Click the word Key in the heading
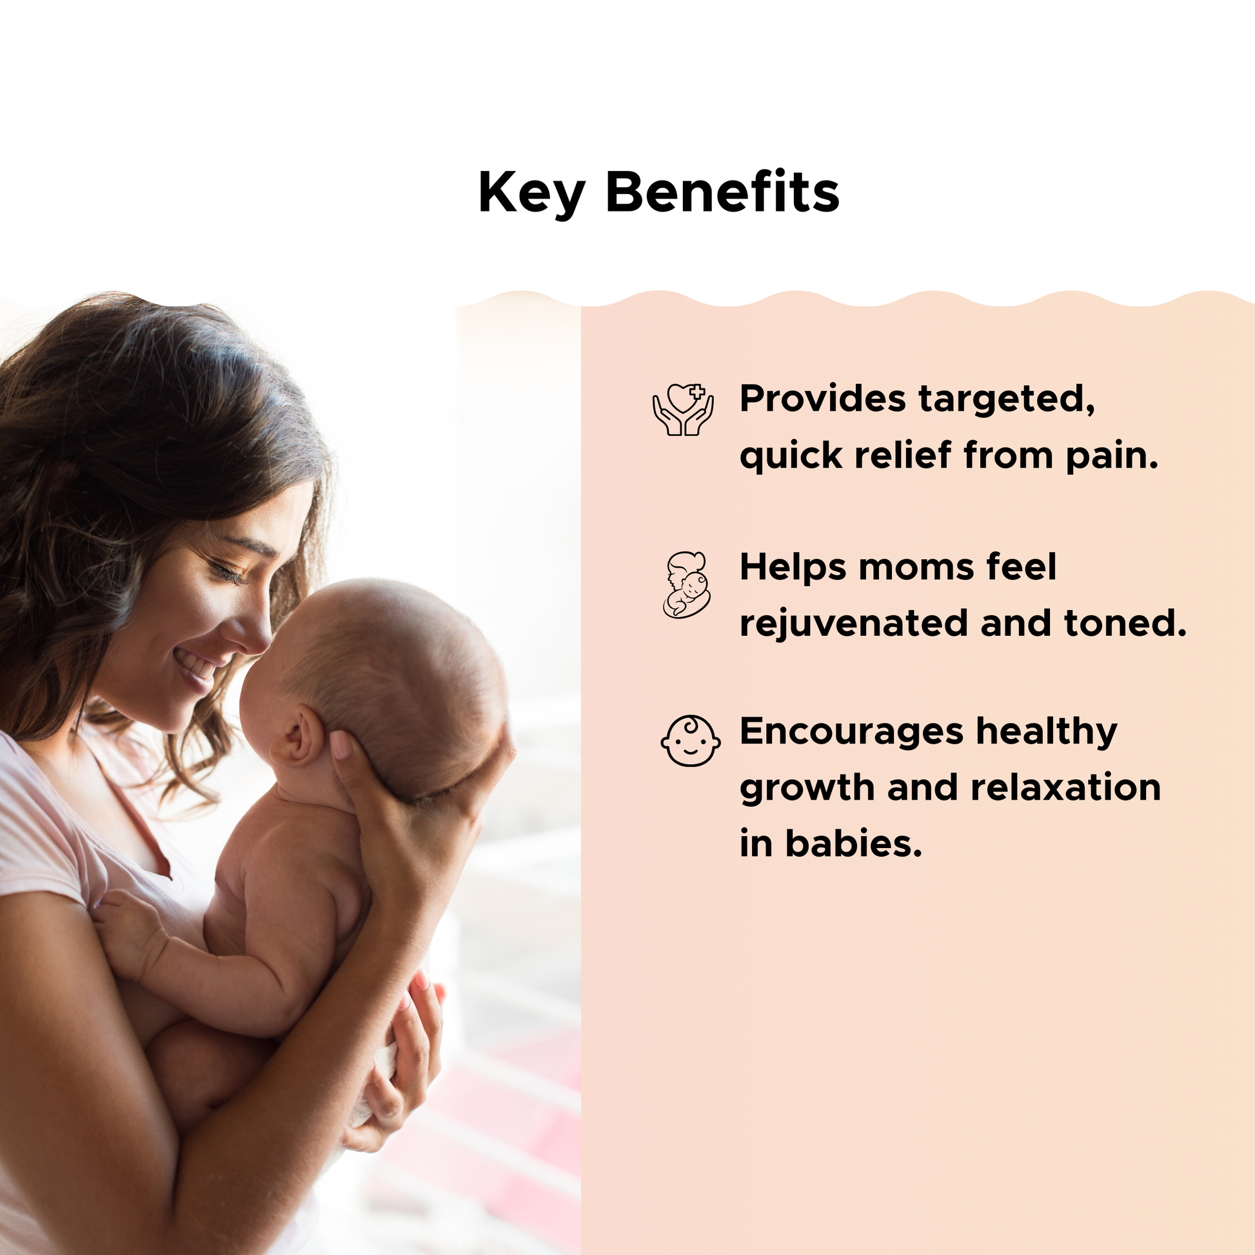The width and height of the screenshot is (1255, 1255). [532, 193]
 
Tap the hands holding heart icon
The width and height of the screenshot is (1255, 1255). [684, 410]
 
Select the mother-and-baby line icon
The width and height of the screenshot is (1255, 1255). [687, 585]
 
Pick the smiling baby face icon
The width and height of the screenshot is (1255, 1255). [691, 740]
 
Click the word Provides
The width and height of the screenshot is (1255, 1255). [822, 398]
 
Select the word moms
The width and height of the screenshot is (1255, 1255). [916, 568]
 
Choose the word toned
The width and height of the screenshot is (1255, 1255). [1125, 624]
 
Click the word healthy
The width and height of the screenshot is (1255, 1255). [1047, 733]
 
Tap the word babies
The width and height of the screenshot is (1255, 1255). [854, 843]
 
